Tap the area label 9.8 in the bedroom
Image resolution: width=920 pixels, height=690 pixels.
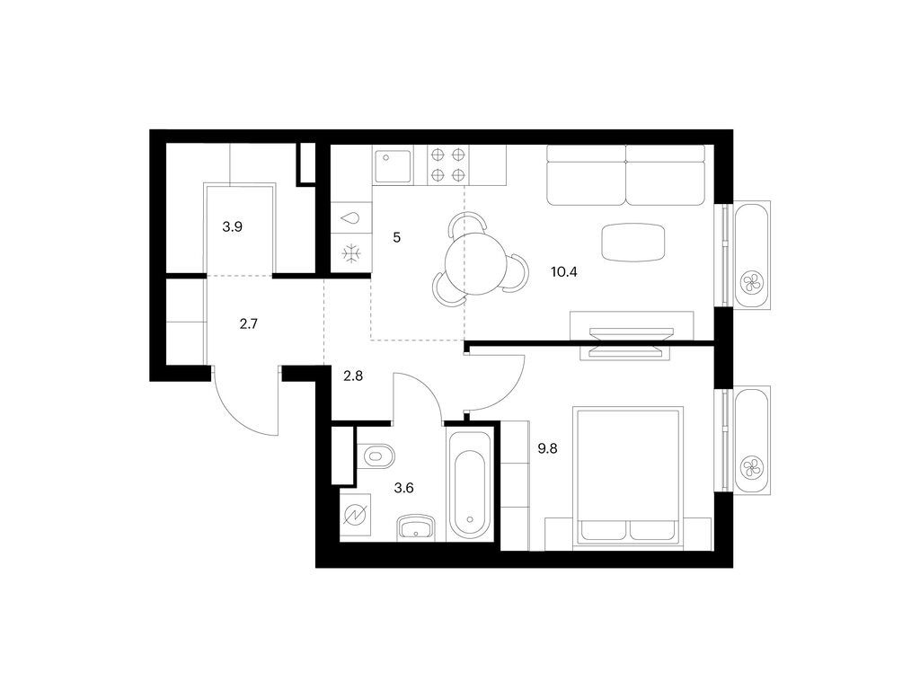tap(546, 450)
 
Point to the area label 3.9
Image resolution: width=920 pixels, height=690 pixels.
tap(232, 227)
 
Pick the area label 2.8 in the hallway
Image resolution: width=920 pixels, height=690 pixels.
tap(352, 376)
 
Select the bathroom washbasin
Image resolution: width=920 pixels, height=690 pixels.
tap(416, 526)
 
